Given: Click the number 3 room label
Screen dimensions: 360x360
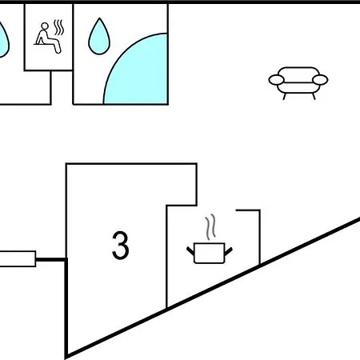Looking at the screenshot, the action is [x=121, y=245].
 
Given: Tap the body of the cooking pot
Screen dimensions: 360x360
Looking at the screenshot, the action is [x=210, y=253].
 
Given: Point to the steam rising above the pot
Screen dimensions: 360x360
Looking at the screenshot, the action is [x=210, y=226].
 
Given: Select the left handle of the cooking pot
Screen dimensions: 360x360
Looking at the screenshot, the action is [x=190, y=251].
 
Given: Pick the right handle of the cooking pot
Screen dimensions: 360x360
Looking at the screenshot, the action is [x=229, y=251].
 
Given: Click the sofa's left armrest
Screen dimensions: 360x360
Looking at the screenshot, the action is [x=277, y=80].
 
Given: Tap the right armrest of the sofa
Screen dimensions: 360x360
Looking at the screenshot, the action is [x=320, y=80].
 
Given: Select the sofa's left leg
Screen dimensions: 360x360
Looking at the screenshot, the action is [x=285, y=97].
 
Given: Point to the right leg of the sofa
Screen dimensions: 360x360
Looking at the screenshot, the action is [x=314, y=97].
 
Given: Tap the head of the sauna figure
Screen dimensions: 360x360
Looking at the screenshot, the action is [x=45, y=26].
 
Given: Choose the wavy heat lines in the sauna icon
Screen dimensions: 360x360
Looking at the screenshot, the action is [x=59, y=27].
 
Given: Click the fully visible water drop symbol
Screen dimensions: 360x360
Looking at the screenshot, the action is [x=99, y=36].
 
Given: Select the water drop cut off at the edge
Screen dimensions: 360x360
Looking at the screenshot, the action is [x=3, y=40].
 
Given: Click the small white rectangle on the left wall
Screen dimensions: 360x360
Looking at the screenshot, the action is [x=18, y=258].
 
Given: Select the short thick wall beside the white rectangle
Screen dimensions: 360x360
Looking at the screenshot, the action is [x=50, y=259].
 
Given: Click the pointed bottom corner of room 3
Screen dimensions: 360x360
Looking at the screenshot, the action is [x=66, y=357].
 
